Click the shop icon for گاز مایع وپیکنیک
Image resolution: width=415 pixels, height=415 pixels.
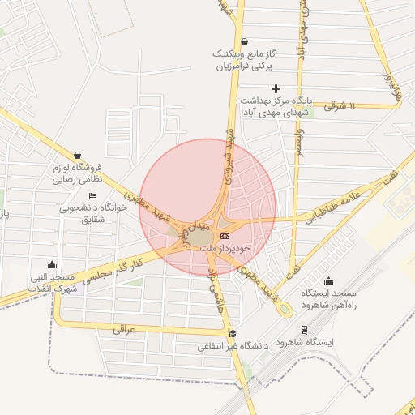(x=244, y=43)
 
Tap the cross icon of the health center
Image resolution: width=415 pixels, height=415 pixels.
(x=276, y=88)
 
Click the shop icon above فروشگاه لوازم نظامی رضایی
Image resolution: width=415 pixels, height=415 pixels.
(x=77, y=155)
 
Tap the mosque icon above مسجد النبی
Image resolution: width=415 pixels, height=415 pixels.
(x=53, y=264)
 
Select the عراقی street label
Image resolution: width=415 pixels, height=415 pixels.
(x=118, y=329)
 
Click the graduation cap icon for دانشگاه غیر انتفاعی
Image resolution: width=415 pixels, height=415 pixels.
(x=233, y=333)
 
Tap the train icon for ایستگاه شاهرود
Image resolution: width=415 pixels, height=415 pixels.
(x=304, y=330)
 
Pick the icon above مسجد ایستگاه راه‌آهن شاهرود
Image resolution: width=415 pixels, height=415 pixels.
(x=328, y=281)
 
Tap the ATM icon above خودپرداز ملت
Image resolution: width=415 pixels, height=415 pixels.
(x=225, y=236)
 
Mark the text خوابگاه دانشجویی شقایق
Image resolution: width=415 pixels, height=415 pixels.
(x=93, y=213)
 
